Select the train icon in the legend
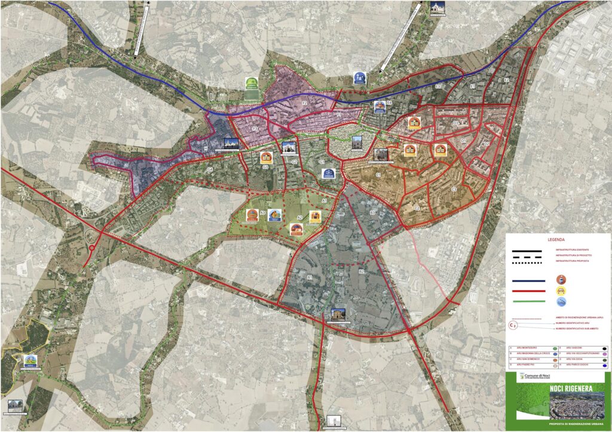[x=561, y=279]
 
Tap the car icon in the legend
[x=561, y=290]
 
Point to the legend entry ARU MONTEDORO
[x=526, y=347]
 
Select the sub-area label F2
[x=304, y=103]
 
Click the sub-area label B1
[x=310, y=277]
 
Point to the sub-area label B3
[x=372, y=212]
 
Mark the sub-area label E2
[x=506, y=79]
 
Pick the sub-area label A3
[x=262, y=212]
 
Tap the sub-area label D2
[x=486, y=144]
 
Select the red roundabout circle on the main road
[x=92, y=248]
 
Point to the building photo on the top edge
[x=437, y=8]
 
